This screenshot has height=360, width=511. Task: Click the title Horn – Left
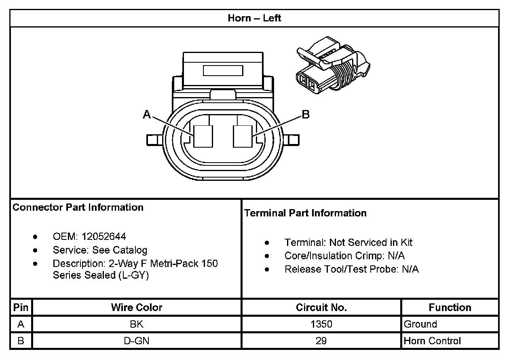pos(254,18)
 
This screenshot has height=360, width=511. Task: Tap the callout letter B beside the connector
pos(306,115)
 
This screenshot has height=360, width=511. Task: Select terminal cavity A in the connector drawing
pos(203,136)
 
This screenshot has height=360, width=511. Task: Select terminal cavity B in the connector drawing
pos(243,136)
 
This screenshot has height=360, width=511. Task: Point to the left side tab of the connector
pos(153,140)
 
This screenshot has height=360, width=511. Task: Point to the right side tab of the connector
pos(293,140)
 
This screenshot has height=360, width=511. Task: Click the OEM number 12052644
pos(103,236)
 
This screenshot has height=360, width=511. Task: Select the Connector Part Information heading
pos(78,208)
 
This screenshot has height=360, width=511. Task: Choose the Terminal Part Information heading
pos(305,213)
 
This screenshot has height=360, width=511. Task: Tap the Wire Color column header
pos(137,308)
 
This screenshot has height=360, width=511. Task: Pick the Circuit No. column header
pos(321,308)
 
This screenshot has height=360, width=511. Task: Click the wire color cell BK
pos(137,324)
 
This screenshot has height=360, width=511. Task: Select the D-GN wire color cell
pos(137,341)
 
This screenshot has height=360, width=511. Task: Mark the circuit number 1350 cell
pos(321,324)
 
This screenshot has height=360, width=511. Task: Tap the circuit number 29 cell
pos(321,341)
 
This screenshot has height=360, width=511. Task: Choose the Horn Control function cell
pos(432,341)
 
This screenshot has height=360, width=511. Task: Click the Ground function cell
pos(420,324)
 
